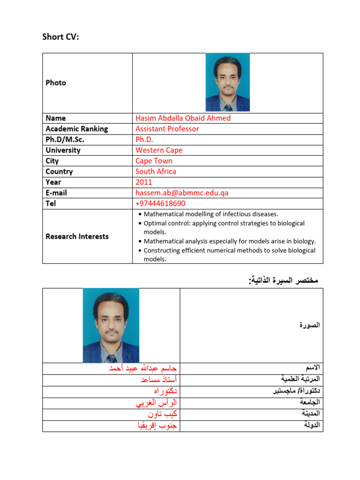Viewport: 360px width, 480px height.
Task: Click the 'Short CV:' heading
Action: point(60,37)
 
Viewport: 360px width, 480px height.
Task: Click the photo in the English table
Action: point(227,82)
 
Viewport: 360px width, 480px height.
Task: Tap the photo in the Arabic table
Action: point(111,325)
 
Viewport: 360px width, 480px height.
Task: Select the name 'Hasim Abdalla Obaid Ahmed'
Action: point(183,118)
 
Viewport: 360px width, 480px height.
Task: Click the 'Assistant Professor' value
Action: point(167,129)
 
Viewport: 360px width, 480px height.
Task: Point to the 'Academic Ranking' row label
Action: point(76,129)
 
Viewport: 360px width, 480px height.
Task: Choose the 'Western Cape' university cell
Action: point(159,150)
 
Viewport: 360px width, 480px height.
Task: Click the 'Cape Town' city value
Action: point(154,161)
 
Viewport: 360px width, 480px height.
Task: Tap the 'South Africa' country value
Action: point(156,172)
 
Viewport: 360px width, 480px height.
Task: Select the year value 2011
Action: point(144,182)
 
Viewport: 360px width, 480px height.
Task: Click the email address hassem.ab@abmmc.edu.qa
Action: point(182,193)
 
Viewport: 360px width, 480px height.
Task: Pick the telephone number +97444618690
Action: point(160,203)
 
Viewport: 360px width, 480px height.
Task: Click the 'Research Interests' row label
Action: point(77,237)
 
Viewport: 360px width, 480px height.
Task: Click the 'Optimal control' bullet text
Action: point(224,224)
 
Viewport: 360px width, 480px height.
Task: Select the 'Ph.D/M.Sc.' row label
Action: point(65,140)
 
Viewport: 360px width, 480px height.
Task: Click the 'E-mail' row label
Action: point(56,193)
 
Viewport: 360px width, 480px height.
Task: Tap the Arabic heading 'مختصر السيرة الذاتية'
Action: point(284,280)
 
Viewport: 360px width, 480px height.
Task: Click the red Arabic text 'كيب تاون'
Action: point(162,414)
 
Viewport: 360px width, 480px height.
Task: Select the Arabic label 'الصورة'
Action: point(310,325)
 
